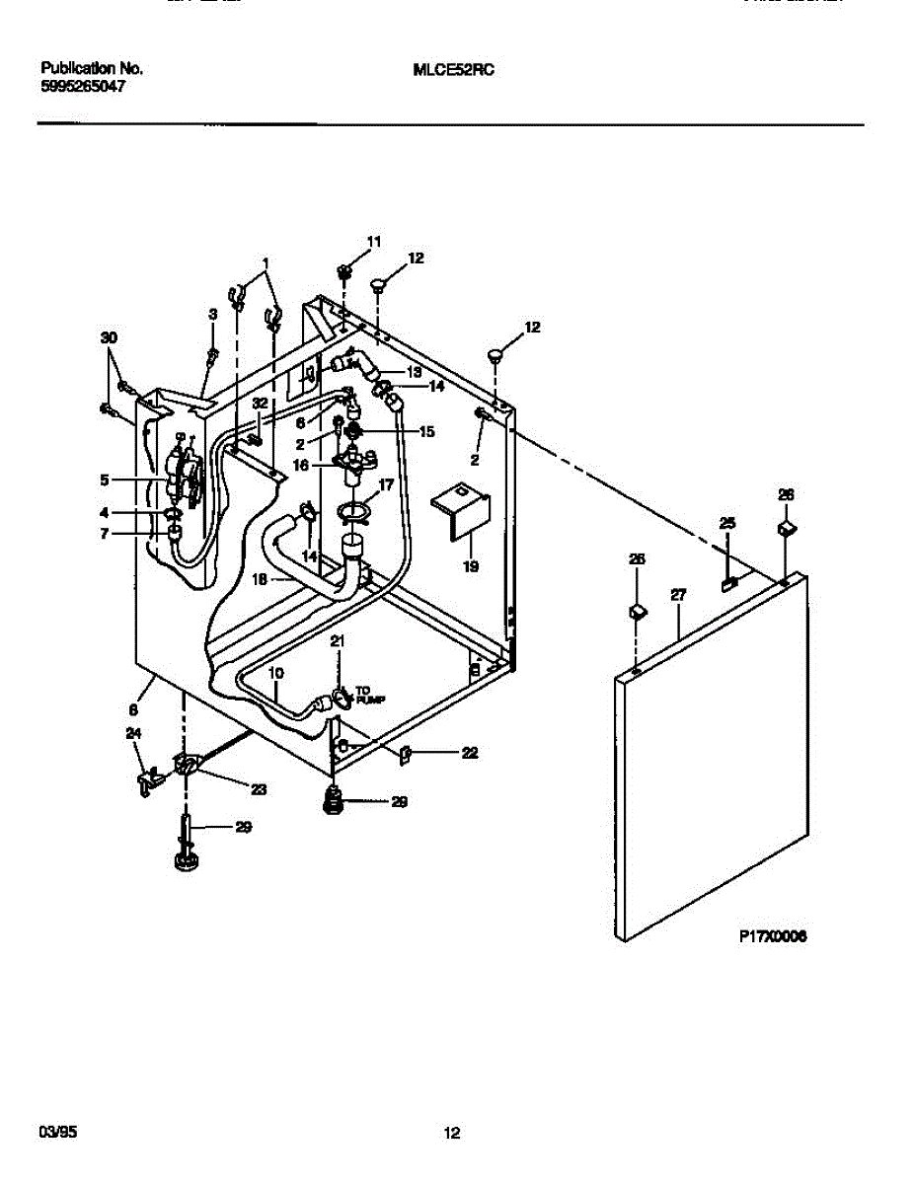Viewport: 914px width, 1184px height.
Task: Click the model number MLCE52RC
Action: pos(453,70)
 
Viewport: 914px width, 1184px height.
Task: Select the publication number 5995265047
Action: pos(83,86)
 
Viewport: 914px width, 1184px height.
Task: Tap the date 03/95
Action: pos(56,1133)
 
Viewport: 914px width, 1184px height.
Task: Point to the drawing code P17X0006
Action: pos(773,938)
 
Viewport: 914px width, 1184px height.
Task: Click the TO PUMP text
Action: pos(370,696)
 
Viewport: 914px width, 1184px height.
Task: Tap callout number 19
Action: pos(470,566)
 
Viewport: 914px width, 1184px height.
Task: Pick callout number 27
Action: pos(678,596)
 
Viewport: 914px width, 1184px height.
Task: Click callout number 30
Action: pos(109,337)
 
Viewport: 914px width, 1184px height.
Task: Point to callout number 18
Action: pos(258,580)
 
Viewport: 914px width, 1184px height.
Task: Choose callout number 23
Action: pos(260,789)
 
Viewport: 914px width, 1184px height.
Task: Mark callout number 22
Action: pos(471,754)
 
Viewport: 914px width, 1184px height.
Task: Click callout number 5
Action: pos(104,481)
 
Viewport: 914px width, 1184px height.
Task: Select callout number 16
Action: pos(299,462)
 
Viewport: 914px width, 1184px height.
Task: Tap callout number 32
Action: pos(260,404)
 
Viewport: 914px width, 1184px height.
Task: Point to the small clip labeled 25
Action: pos(728,584)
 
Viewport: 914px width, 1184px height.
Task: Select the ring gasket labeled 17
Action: pos(352,510)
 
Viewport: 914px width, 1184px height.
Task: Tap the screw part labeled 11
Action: pos(343,269)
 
